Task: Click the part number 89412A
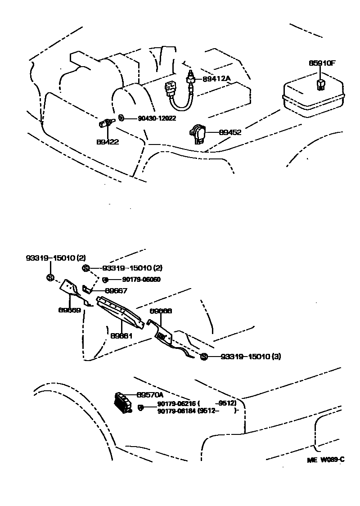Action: point(216,78)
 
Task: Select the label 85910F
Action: point(322,63)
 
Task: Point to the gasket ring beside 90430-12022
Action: point(121,118)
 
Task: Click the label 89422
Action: point(107,141)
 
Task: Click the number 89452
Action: point(230,132)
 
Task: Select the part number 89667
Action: point(116,291)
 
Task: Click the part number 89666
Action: point(161,311)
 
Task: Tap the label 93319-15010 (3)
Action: point(251,357)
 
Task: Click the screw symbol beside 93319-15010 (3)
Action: point(203,357)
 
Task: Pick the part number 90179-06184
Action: point(176,410)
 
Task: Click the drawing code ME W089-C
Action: point(326,459)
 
